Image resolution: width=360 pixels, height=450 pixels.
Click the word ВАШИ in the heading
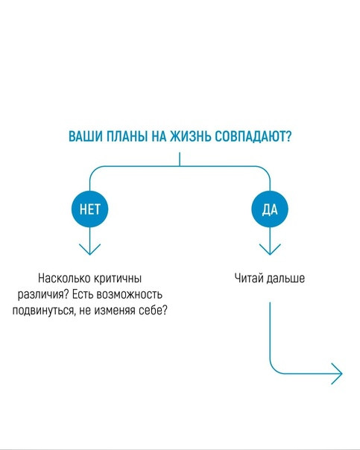click(85, 136)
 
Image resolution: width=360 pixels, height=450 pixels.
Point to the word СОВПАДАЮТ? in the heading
click(253, 136)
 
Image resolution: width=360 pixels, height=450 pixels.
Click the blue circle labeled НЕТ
click(90, 209)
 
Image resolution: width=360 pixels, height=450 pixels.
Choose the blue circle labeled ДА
click(270, 209)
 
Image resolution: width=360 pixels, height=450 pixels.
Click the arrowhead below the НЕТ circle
click(90, 250)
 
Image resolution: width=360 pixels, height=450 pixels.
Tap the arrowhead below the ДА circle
click(270, 250)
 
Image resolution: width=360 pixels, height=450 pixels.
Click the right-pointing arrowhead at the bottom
click(337, 374)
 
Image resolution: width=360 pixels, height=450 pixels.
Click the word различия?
click(43, 295)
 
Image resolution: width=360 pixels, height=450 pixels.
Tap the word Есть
click(83, 294)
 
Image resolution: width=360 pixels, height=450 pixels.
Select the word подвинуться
click(43, 311)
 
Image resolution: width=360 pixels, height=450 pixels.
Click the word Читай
click(249, 279)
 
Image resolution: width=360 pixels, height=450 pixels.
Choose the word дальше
click(285, 279)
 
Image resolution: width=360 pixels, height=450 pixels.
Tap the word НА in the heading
click(159, 136)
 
